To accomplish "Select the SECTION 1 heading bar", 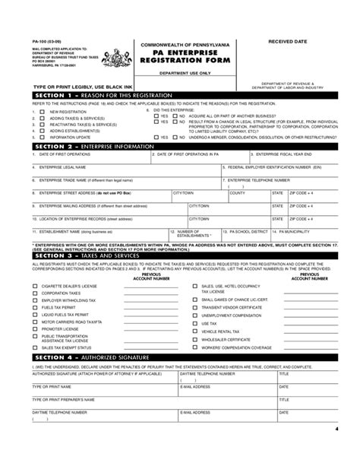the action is (x=180, y=97).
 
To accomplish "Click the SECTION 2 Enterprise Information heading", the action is (x=180, y=144).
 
